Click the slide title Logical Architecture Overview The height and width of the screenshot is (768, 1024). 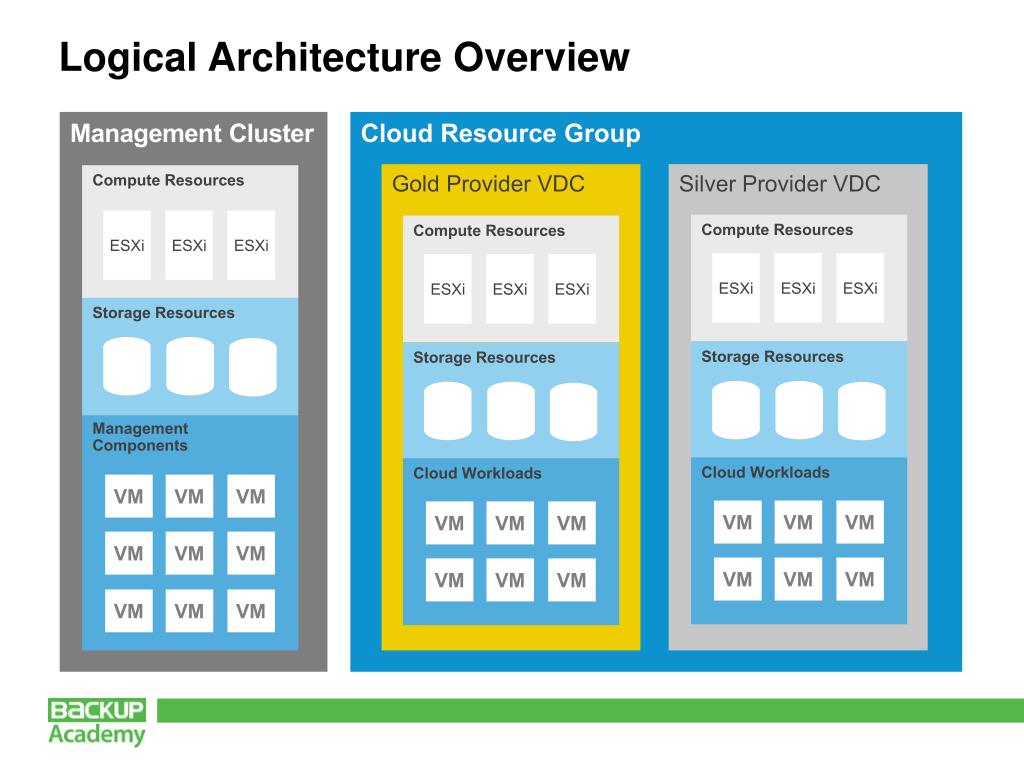pyautogui.click(x=344, y=57)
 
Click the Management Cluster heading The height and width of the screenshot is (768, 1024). pyautogui.click(x=192, y=134)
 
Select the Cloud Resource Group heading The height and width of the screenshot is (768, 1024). pyautogui.click(x=500, y=134)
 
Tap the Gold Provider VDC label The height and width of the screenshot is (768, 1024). pyautogui.click(x=488, y=184)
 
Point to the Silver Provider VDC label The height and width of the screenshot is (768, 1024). pyautogui.click(x=779, y=184)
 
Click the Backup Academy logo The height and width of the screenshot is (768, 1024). pyautogui.click(x=97, y=722)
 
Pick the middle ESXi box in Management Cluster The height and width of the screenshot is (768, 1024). pyautogui.click(x=189, y=245)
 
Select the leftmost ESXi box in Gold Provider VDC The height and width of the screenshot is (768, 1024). pyautogui.click(x=448, y=289)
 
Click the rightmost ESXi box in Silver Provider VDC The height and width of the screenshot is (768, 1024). pyautogui.click(x=860, y=288)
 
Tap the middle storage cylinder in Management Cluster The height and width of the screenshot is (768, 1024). pyautogui.click(x=190, y=366)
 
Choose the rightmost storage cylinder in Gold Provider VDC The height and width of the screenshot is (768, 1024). pyautogui.click(x=573, y=411)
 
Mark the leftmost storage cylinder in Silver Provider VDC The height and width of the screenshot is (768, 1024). pyautogui.click(x=736, y=410)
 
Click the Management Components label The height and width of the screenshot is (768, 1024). pyautogui.click(x=140, y=437)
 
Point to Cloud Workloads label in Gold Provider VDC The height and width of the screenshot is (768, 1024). pyautogui.click(x=477, y=473)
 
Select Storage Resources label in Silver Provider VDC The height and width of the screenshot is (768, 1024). pyautogui.click(x=772, y=357)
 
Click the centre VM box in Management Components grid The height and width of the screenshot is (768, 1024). pyautogui.click(x=189, y=553)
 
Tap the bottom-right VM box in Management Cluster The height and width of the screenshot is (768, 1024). pyautogui.click(x=251, y=611)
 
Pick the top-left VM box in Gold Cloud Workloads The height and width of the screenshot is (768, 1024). pyautogui.click(x=449, y=523)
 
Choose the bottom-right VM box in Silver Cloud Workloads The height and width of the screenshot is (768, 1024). pyautogui.click(x=860, y=579)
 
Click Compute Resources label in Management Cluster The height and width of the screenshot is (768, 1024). pyautogui.click(x=168, y=181)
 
